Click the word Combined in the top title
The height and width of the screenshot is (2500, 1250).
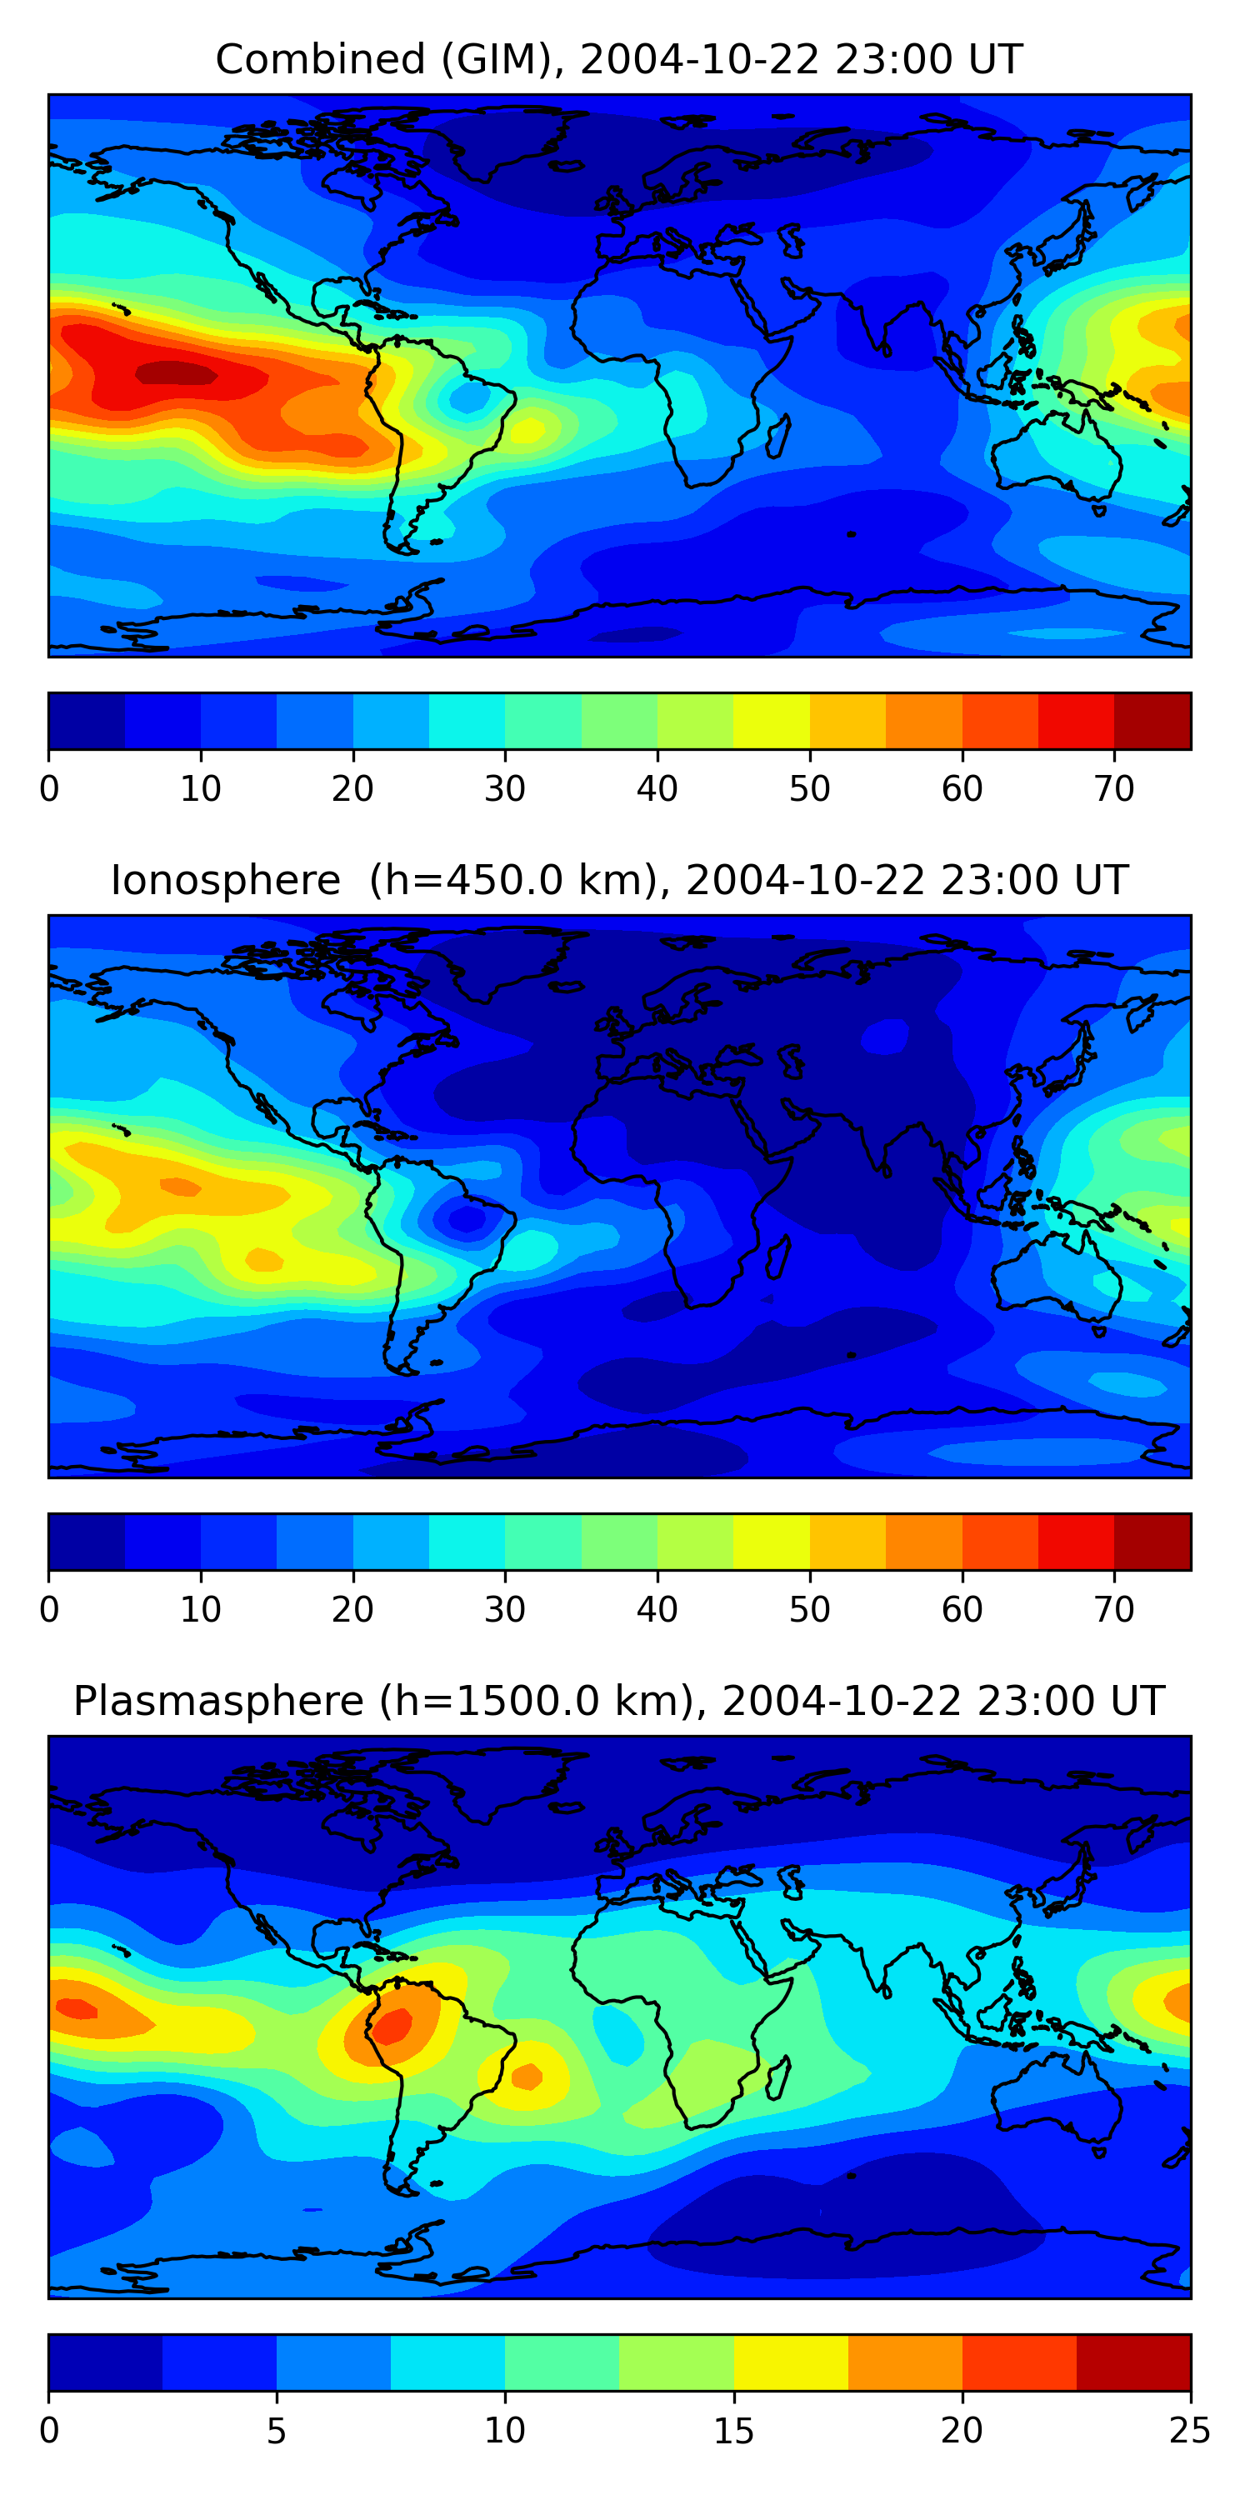coord(319,60)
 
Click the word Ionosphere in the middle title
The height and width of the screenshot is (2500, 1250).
coord(225,881)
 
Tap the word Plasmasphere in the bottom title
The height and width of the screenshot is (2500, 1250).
coord(218,1702)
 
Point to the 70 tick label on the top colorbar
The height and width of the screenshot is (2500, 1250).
coord(1113,789)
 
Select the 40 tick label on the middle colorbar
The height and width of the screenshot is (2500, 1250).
coord(657,1610)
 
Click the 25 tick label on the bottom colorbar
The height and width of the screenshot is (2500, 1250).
coord(1189,2431)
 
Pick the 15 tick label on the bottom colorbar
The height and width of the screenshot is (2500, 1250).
coord(733,2431)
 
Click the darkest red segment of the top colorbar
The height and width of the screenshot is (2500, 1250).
coord(1152,721)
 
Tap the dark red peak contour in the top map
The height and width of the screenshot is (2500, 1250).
coord(176,373)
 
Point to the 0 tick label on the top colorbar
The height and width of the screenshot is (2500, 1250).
coord(49,789)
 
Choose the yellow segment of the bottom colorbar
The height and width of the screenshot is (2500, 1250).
coord(790,2363)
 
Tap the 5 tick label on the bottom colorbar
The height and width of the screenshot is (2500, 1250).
coord(277,2431)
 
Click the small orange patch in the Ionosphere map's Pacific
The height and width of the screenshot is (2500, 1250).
coord(179,1186)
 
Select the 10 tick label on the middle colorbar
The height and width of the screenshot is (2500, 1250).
coord(201,1610)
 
